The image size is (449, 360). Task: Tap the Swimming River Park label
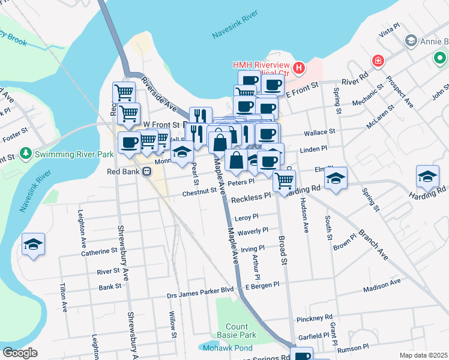(74, 154)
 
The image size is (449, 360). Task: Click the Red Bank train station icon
(146, 172)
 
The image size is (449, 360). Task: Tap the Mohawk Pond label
(228, 348)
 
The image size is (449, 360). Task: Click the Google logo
(20, 352)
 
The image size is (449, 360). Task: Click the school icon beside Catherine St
(34, 244)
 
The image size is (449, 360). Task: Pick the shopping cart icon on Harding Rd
(284, 179)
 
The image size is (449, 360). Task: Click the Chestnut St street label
(199, 191)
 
